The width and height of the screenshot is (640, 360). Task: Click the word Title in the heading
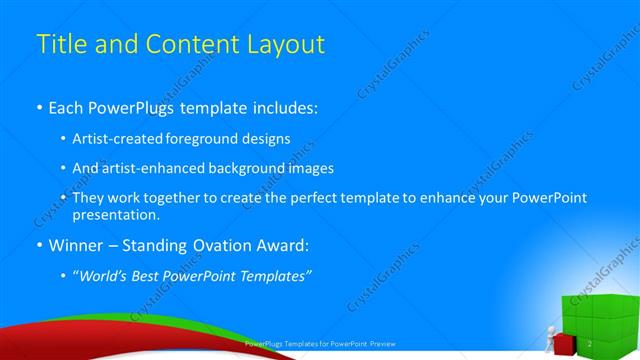pos(60,44)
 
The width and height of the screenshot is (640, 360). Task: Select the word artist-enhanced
pos(147,168)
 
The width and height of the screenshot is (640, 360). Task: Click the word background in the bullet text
pos(235,168)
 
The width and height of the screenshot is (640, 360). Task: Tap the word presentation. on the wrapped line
pos(116,215)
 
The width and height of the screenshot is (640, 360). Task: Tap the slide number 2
pos(592,344)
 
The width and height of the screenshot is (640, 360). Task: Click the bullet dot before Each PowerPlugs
pos(39,106)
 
